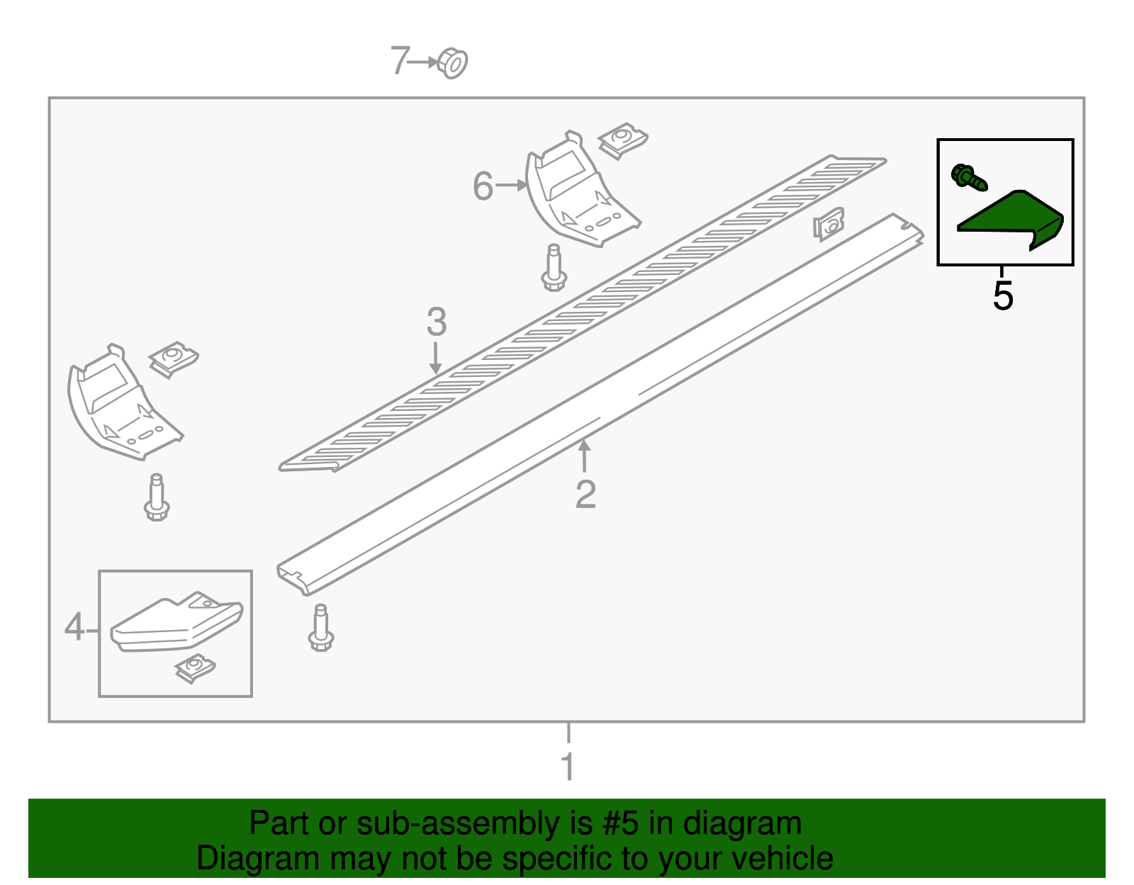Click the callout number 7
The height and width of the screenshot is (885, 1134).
click(400, 60)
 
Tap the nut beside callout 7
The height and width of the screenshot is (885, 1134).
click(452, 64)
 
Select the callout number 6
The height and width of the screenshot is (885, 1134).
click(483, 186)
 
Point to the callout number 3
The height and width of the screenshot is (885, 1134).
click(437, 322)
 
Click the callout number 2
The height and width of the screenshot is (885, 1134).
click(585, 494)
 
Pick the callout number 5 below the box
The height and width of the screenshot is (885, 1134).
click(1002, 295)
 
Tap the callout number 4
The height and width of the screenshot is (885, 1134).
click(74, 626)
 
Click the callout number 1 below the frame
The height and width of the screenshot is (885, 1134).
click(568, 766)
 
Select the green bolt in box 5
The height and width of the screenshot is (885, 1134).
click(969, 178)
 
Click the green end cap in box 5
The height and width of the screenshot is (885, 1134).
click(1010, 220)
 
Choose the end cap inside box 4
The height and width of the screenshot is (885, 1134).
click(176, 621)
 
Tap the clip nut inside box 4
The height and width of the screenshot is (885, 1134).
click(196, 669)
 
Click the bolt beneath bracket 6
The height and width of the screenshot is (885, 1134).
click(554, 268)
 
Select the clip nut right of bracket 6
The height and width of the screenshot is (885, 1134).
click(622, 141)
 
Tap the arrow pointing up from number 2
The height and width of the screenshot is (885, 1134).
click(584, 456)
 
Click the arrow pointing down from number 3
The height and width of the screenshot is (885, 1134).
click(436, 359)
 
